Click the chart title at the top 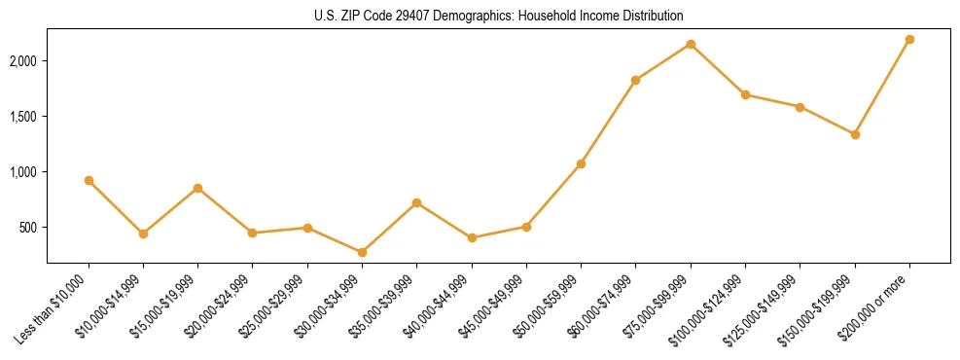coord(498,17)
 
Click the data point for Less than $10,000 coord(89,180)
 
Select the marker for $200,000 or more coord(909,39)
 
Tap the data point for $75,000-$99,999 coord(691,44)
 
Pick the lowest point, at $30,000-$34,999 coord(362,252)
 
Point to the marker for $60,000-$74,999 coord(635,80)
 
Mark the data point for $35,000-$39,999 coord(416,202)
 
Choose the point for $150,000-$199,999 coord(855,134)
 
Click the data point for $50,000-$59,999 coord(581,163)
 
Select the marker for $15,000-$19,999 coord(197,188)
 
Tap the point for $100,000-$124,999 coord(745,94)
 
